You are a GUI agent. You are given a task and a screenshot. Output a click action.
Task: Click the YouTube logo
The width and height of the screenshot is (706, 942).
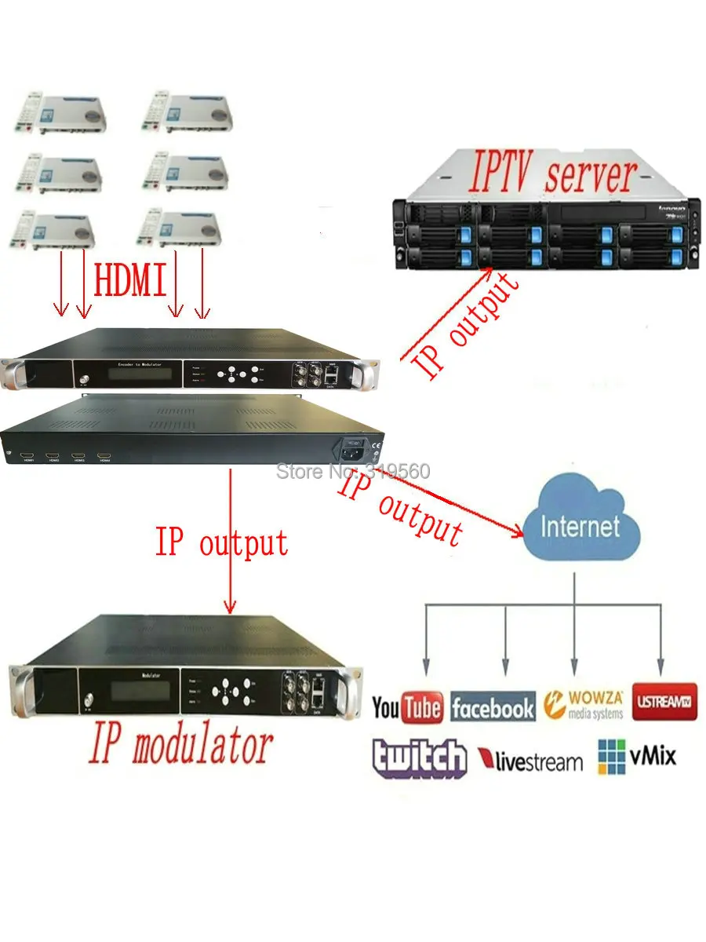[x=406, y=707]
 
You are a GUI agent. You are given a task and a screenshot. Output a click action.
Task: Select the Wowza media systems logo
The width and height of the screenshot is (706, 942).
[x=584, y=704]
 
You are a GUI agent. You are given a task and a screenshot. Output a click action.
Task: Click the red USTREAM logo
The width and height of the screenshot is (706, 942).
[x=664, y=700]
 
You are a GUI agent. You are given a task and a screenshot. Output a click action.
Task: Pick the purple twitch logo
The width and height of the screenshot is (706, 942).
[x=420, y=758]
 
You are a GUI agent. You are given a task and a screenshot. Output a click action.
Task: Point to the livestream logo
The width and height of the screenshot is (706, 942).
[x=530, y=760]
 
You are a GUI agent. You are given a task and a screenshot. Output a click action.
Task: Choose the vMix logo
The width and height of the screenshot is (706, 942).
[x=636, y=757]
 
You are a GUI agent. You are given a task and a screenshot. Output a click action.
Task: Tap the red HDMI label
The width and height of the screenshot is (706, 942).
[x=130, y=280]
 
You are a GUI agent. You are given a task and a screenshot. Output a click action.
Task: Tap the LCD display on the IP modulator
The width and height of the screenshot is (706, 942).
[x=138, y=691]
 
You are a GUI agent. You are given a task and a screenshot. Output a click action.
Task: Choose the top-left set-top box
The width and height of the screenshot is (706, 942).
[x=59, y=112]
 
